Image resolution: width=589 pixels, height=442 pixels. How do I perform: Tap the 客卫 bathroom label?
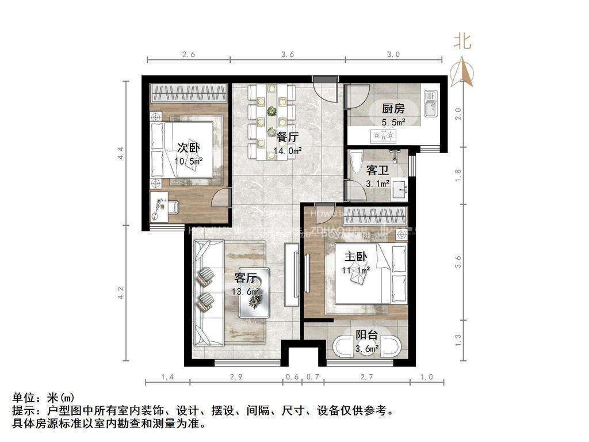coord(378,171)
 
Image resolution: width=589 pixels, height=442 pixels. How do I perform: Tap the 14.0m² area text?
coord(288,152)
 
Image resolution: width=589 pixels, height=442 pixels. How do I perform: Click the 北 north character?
coord(463,42)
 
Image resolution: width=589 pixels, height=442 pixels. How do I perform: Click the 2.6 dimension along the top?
coord(189,55)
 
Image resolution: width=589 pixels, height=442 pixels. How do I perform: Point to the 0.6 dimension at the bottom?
coord(292,377)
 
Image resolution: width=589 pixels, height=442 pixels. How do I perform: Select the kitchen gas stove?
coord(383,136)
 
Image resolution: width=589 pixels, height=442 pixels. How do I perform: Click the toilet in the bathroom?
coord(355,159)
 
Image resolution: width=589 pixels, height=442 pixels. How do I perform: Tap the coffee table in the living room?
coord(254,292)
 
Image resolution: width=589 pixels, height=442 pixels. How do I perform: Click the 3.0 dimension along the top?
coord(393,55)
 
